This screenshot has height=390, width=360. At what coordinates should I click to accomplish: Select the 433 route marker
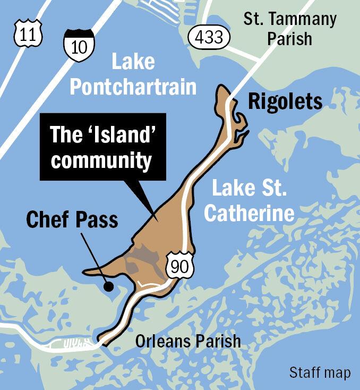pos(211,37)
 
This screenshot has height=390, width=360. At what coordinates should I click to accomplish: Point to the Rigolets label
pos(285,101)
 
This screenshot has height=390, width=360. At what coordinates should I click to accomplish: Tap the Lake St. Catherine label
pos(249,200)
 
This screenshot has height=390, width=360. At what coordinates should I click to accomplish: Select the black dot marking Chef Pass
pos(108,287)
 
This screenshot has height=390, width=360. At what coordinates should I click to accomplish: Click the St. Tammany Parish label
pos(290,29)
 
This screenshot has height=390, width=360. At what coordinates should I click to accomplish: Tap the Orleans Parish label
pos(188,341)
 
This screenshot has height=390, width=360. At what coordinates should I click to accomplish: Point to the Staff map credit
pos(320,372)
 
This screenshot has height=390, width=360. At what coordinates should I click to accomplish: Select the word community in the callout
pos(101,160)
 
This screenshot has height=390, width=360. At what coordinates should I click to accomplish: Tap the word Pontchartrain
pos(133,87)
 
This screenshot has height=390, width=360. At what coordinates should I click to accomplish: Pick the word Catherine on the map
pos(249,213)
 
